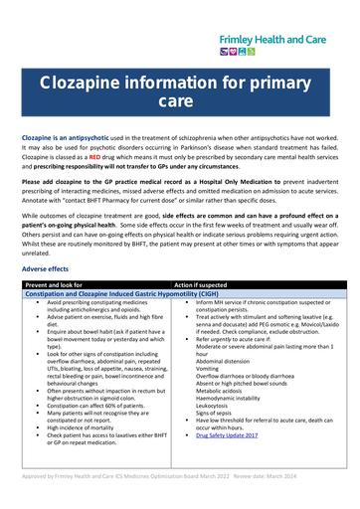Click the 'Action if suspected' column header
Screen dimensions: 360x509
[x=204, y=284]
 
